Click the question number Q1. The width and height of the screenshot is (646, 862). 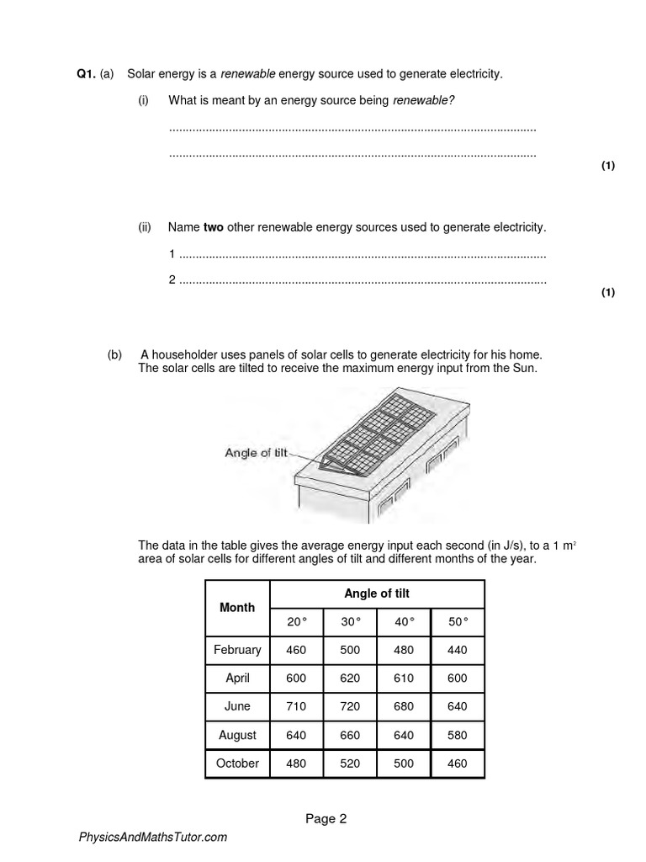(x=86, y=74)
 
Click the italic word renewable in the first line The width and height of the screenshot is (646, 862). (x=247, y=74)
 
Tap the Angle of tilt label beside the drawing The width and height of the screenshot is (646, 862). (x=256, y=452)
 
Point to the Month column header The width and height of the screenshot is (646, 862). (x=237, y=607)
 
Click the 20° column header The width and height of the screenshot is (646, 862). (x=298, y=621)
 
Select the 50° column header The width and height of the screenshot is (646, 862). (x=458, y=621)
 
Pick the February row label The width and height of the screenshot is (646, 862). (x=237, y=650)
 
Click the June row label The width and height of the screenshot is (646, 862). (x=237, y=706)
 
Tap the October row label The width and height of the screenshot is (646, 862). (x=237, y=764)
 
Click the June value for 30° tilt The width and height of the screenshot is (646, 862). (x=351, y=706)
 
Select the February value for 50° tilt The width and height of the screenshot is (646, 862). (x=458, y=650)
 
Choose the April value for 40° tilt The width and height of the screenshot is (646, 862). (x=404, y=678)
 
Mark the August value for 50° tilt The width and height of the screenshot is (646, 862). (x=458, y=735)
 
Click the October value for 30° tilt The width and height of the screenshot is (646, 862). (x=351, y=764)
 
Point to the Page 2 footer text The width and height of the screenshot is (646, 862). (x=326, y=818)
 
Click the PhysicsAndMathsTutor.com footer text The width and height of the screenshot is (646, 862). (x=152, y=838)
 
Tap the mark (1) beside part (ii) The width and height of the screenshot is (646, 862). (x=608, y=292)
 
